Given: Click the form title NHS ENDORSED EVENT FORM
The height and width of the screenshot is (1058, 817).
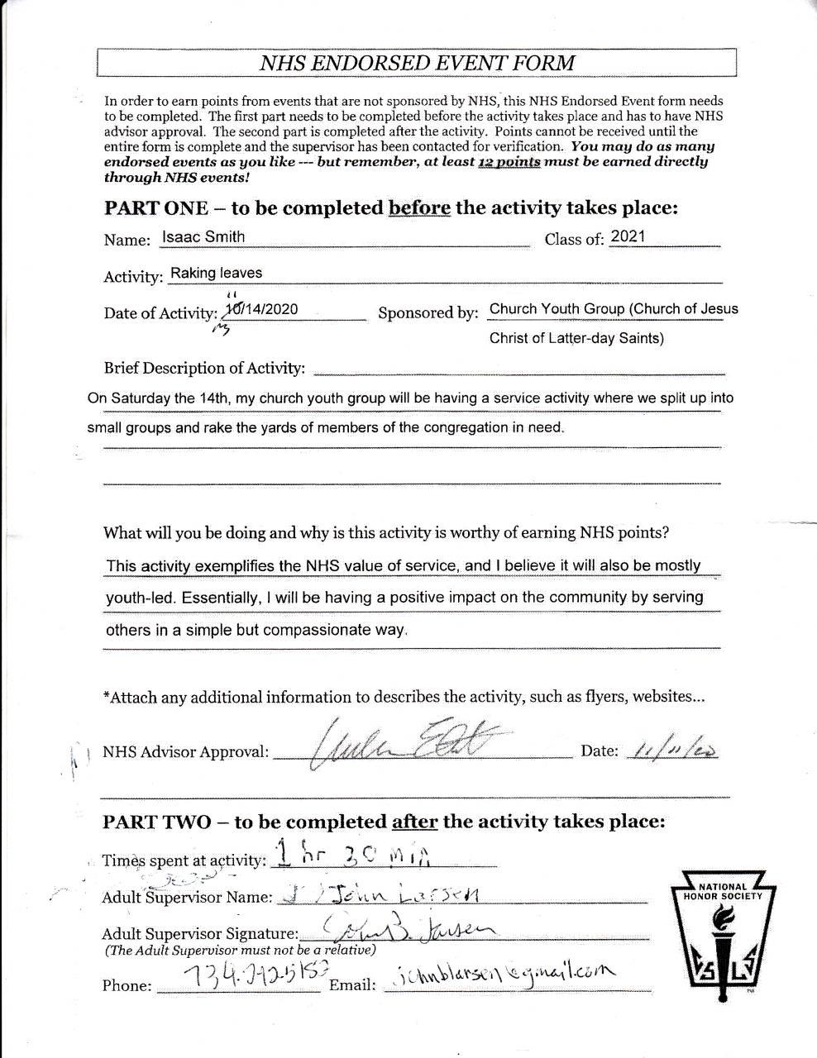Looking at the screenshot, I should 417,63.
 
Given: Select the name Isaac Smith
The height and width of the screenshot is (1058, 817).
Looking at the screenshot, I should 203,237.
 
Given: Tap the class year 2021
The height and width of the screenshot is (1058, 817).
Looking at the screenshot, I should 628,236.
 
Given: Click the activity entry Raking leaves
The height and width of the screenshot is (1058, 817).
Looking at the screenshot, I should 216,273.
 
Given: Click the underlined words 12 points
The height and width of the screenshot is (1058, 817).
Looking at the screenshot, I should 509,162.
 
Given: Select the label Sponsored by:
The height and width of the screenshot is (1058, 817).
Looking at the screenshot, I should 428,313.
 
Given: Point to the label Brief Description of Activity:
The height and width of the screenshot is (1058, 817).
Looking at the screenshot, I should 204,368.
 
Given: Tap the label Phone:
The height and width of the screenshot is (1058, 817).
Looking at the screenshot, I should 127,986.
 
